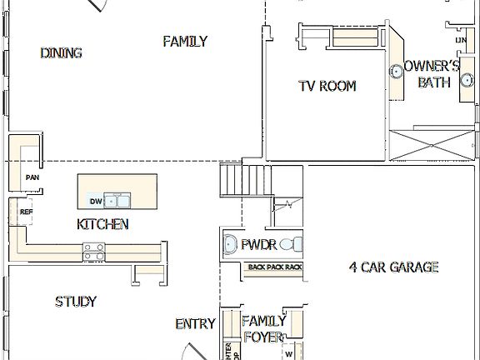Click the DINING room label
[x=61, y=53]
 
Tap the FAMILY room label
[x=185, y=41]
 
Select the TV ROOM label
[x=327, y=86]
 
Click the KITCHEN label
[x=102, y=224]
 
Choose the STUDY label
[x=76, y=302]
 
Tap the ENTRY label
[x=196, y=324]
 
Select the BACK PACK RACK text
[x=275, y=267]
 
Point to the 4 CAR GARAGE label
[x=393, y=267]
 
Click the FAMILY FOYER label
[x=264, y=328]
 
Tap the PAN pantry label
[x=32, y=177]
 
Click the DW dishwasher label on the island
[x=95, y=202]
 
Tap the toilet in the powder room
[x=291, y=245]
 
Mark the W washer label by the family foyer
[x=288, y=353]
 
